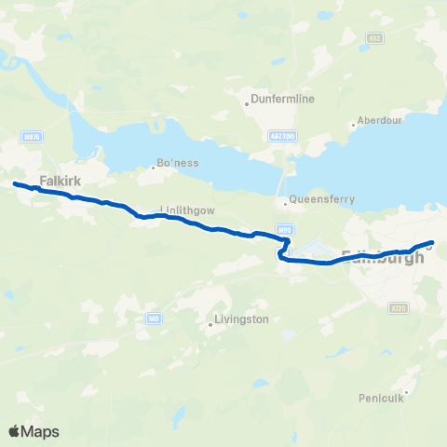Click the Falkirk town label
point(57,183)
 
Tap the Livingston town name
point(241,318)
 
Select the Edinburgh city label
point(384,257)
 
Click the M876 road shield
point(31,137)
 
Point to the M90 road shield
point(285,229)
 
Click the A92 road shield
point(374,38)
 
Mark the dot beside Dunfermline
point(246,103)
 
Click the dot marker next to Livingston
point(210,325)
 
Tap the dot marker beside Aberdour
point(353,125)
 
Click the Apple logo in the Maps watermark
point(15,431)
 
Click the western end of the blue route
point(15,183)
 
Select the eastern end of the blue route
point(432,243)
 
